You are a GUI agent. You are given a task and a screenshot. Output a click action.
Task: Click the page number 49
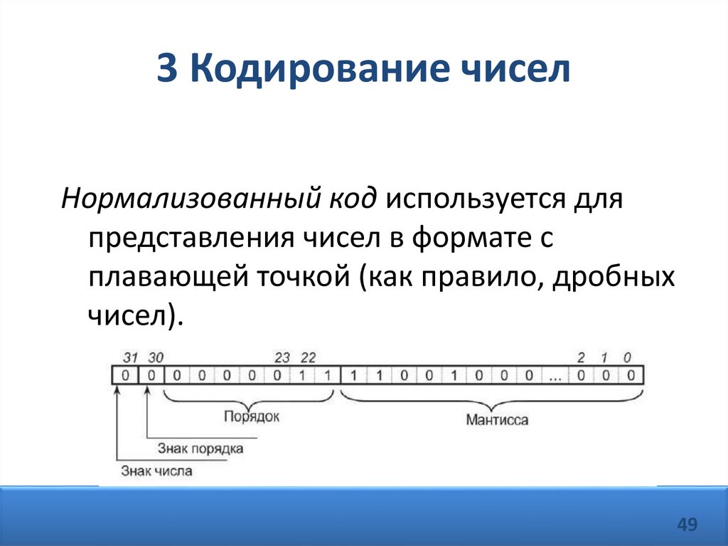(687, 525)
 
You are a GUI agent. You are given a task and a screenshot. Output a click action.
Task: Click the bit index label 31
(129, 357)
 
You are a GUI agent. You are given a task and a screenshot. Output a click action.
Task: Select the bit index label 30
(156, 357)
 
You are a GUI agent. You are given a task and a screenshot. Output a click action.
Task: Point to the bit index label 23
(282, 357)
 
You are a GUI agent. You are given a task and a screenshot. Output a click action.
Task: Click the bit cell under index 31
(125, 375)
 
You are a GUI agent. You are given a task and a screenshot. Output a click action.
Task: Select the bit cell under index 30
(151, 375)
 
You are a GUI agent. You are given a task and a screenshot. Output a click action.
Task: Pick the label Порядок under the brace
(251, 417)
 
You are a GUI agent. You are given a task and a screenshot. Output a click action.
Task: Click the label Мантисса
(497, 420)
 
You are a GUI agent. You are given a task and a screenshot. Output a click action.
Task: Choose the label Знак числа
(156, 471)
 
